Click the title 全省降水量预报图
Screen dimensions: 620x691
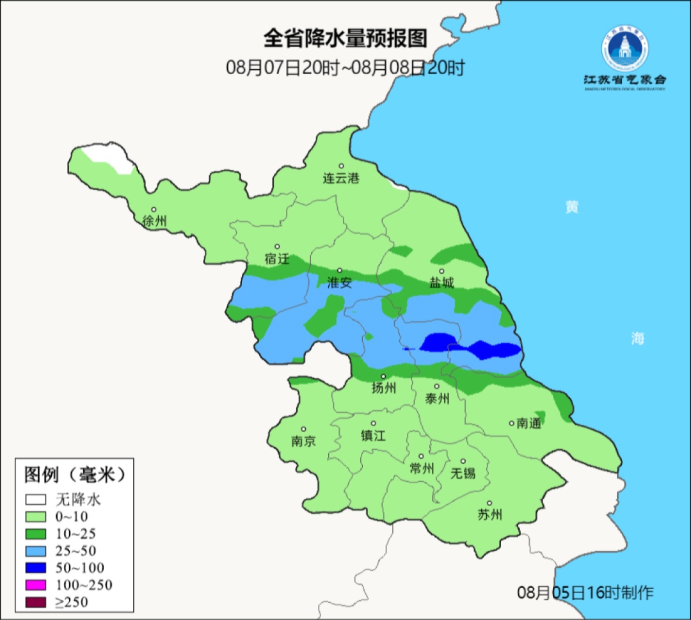pos(345,39)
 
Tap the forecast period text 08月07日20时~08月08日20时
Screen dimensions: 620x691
pos(345,67)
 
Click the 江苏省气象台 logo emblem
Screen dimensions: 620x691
pos(624,49)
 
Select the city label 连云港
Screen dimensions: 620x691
pos(341,179)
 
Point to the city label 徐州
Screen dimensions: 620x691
pos(154,221)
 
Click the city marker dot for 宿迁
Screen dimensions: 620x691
pos(277,246)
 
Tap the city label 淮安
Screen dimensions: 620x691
pos(340,283)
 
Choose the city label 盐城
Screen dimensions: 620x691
pos(441,283)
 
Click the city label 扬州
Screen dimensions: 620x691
pos(384,388)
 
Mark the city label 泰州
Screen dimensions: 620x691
pos(438,399)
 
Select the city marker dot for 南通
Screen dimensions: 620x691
pos(511,423)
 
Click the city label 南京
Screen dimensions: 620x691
pos(303,441)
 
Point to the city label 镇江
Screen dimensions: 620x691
pos(374,435)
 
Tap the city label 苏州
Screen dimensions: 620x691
pos(490,515)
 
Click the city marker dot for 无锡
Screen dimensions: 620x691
pos(463,461)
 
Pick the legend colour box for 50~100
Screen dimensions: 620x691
pos(36,568)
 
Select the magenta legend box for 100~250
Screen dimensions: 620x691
pos(36,585)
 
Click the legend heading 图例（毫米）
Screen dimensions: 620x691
pos(74,475)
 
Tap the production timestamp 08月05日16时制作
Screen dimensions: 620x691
pos(585,592)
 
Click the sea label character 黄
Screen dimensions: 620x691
pos(572,207)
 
